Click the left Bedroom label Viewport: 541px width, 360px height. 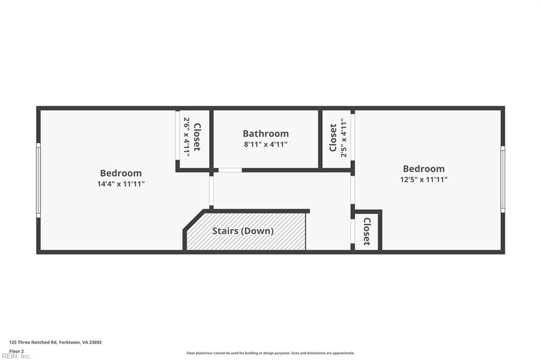[x=121, y=173]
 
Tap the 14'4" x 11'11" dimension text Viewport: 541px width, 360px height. [x=121, y=184]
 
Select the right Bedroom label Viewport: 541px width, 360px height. [x=424, y=169]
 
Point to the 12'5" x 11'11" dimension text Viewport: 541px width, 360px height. [x=424, y=179]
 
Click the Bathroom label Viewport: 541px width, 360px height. [x=266, y=134]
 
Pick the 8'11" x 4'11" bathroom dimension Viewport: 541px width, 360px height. [x=266, y=144]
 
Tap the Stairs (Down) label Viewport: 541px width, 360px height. [x=243, y=231]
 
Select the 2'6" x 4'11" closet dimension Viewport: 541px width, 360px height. [x=186, y=136]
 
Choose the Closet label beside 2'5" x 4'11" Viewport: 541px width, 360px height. [x=333, y=138]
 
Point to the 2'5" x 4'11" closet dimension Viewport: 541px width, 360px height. [x=343, y=138]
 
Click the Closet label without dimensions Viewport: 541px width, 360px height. [x=367, y=232]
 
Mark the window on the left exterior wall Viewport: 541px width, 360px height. [x=39, y=180]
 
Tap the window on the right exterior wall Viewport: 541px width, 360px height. [x=502, y=179]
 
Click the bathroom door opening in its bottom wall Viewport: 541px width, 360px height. [x=230, y=170]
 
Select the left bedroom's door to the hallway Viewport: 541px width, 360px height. [x=211, y=191]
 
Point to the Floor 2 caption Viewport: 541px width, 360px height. [x=16, y=350]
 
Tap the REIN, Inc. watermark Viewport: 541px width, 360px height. [x=16, y=356]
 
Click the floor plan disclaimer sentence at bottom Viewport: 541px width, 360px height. [x=270, y=353]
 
